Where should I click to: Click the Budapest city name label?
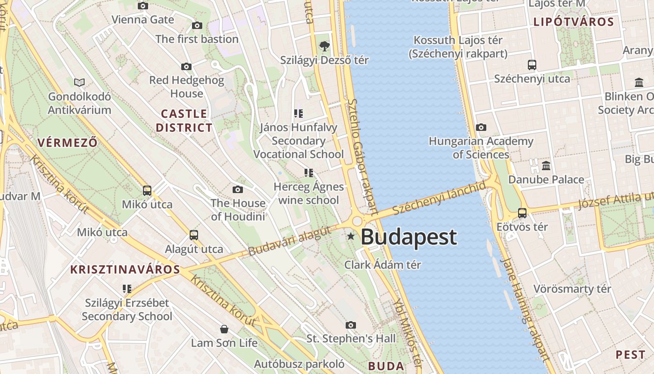409,237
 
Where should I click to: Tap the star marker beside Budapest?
351,237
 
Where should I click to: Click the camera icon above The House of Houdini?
238,189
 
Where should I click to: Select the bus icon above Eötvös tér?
522,213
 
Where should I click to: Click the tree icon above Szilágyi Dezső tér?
324,46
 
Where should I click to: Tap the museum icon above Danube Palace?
546,165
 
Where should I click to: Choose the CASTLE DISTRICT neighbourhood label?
184,121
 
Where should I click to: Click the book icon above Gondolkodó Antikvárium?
80,83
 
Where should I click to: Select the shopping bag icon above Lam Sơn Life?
224,330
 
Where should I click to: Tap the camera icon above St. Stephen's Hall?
351,325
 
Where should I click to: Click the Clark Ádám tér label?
383,265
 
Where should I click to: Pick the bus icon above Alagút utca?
194,235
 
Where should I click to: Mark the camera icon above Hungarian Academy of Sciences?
481,127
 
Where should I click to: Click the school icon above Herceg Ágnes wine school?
308,173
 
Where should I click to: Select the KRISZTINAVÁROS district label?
125,269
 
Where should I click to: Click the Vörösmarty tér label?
572,288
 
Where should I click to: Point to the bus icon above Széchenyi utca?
532,65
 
